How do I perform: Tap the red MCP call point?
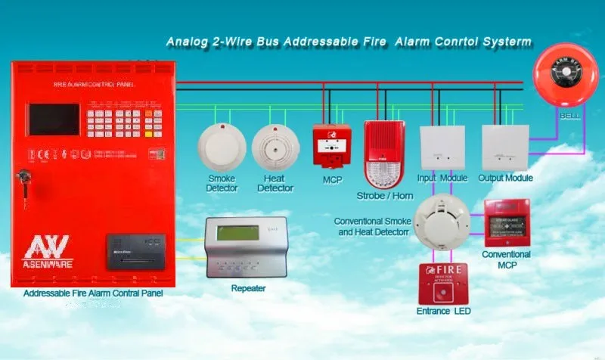(x=331, y=146)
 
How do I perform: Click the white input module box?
(x=442, y=147)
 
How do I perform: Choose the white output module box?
(x=504, y=147)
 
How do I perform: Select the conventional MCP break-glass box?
(x=506, y=222)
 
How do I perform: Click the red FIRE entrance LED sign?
(x=442, y=283)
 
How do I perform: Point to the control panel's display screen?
(x=54, y=119)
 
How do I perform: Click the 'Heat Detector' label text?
(x=275, y=184)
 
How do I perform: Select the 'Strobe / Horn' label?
(x=385, y=196)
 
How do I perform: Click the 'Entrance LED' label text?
(x=443, y=312)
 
